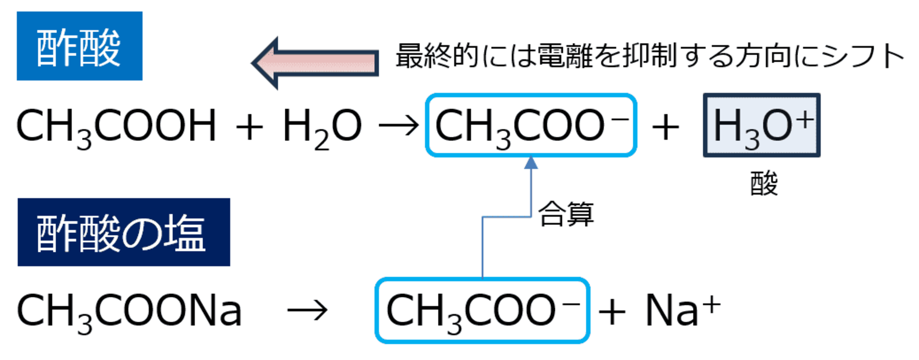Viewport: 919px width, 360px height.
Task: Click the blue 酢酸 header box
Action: point(79,46)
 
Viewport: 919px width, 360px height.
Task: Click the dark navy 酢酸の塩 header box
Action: point(123,232)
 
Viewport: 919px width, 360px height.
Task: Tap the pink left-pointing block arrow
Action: point(316,63)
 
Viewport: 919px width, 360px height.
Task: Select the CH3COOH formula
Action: point(116,126)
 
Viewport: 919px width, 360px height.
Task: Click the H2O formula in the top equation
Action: point(322,126)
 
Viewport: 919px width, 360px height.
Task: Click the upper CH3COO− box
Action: point(531,125)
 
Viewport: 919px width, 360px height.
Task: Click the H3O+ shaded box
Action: point(762,125)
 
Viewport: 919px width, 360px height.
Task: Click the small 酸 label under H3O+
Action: point(764,183)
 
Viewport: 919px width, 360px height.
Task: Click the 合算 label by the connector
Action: point(566,214)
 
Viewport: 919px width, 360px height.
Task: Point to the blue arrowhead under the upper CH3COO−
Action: point(531,163)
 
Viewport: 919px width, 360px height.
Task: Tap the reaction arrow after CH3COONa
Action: point(307,311)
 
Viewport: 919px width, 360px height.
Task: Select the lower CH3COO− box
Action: point(482,310)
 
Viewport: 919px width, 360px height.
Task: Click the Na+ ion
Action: point(683,310)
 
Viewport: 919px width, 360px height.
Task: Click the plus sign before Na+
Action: point(612,312)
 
